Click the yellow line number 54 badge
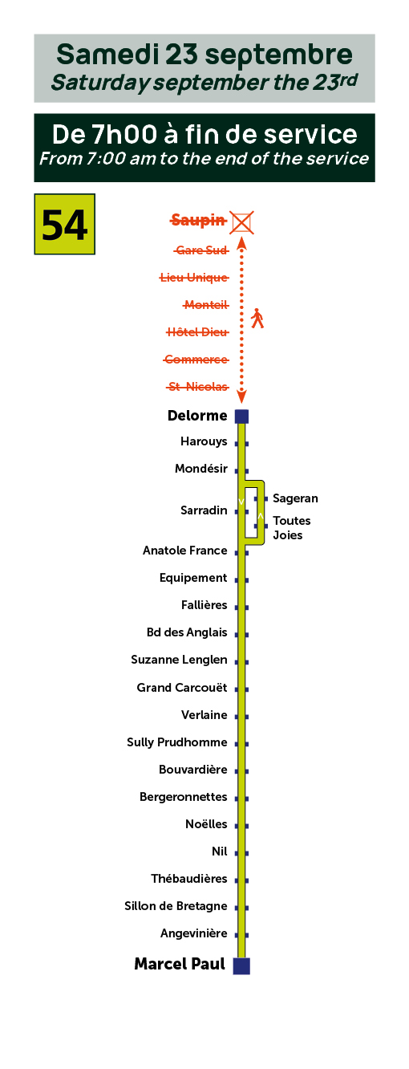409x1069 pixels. (64, 224)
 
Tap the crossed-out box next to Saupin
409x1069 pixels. (241, 222)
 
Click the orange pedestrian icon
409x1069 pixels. (257, 318)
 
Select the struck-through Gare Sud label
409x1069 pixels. (201, 250)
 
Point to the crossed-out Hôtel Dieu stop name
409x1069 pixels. (197, 331)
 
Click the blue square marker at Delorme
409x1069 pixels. (241, 417)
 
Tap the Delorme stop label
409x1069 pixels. (197, 415)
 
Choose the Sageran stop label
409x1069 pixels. (295, 498)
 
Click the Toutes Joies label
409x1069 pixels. (291, 527)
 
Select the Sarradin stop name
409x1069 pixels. (204, 510)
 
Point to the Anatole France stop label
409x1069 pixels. (185, 551)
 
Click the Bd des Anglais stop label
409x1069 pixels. (187, 632)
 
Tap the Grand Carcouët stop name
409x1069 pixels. (182, 687)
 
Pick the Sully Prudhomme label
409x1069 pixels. (177, 742)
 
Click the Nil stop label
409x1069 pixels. (219, 852)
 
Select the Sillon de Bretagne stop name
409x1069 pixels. (176, 906)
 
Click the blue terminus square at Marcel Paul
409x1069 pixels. (241, 965)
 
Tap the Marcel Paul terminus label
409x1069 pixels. (180, 964)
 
